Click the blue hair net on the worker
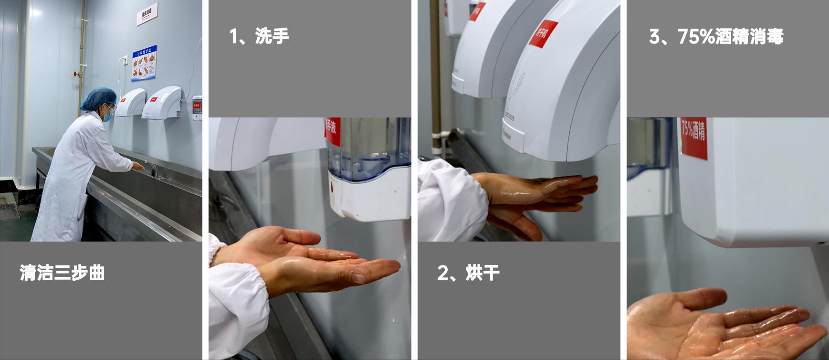tap(98, 97)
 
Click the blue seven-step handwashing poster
tap(144, 63)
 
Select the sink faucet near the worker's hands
tap(152, 168)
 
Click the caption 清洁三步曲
tap(62, 273)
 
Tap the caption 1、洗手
tap(259, 36)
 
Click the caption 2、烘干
tap(468, 273)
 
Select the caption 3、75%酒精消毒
tap(716, 36)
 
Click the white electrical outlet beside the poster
tap(123, 61)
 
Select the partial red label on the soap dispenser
tap(333, 131)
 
